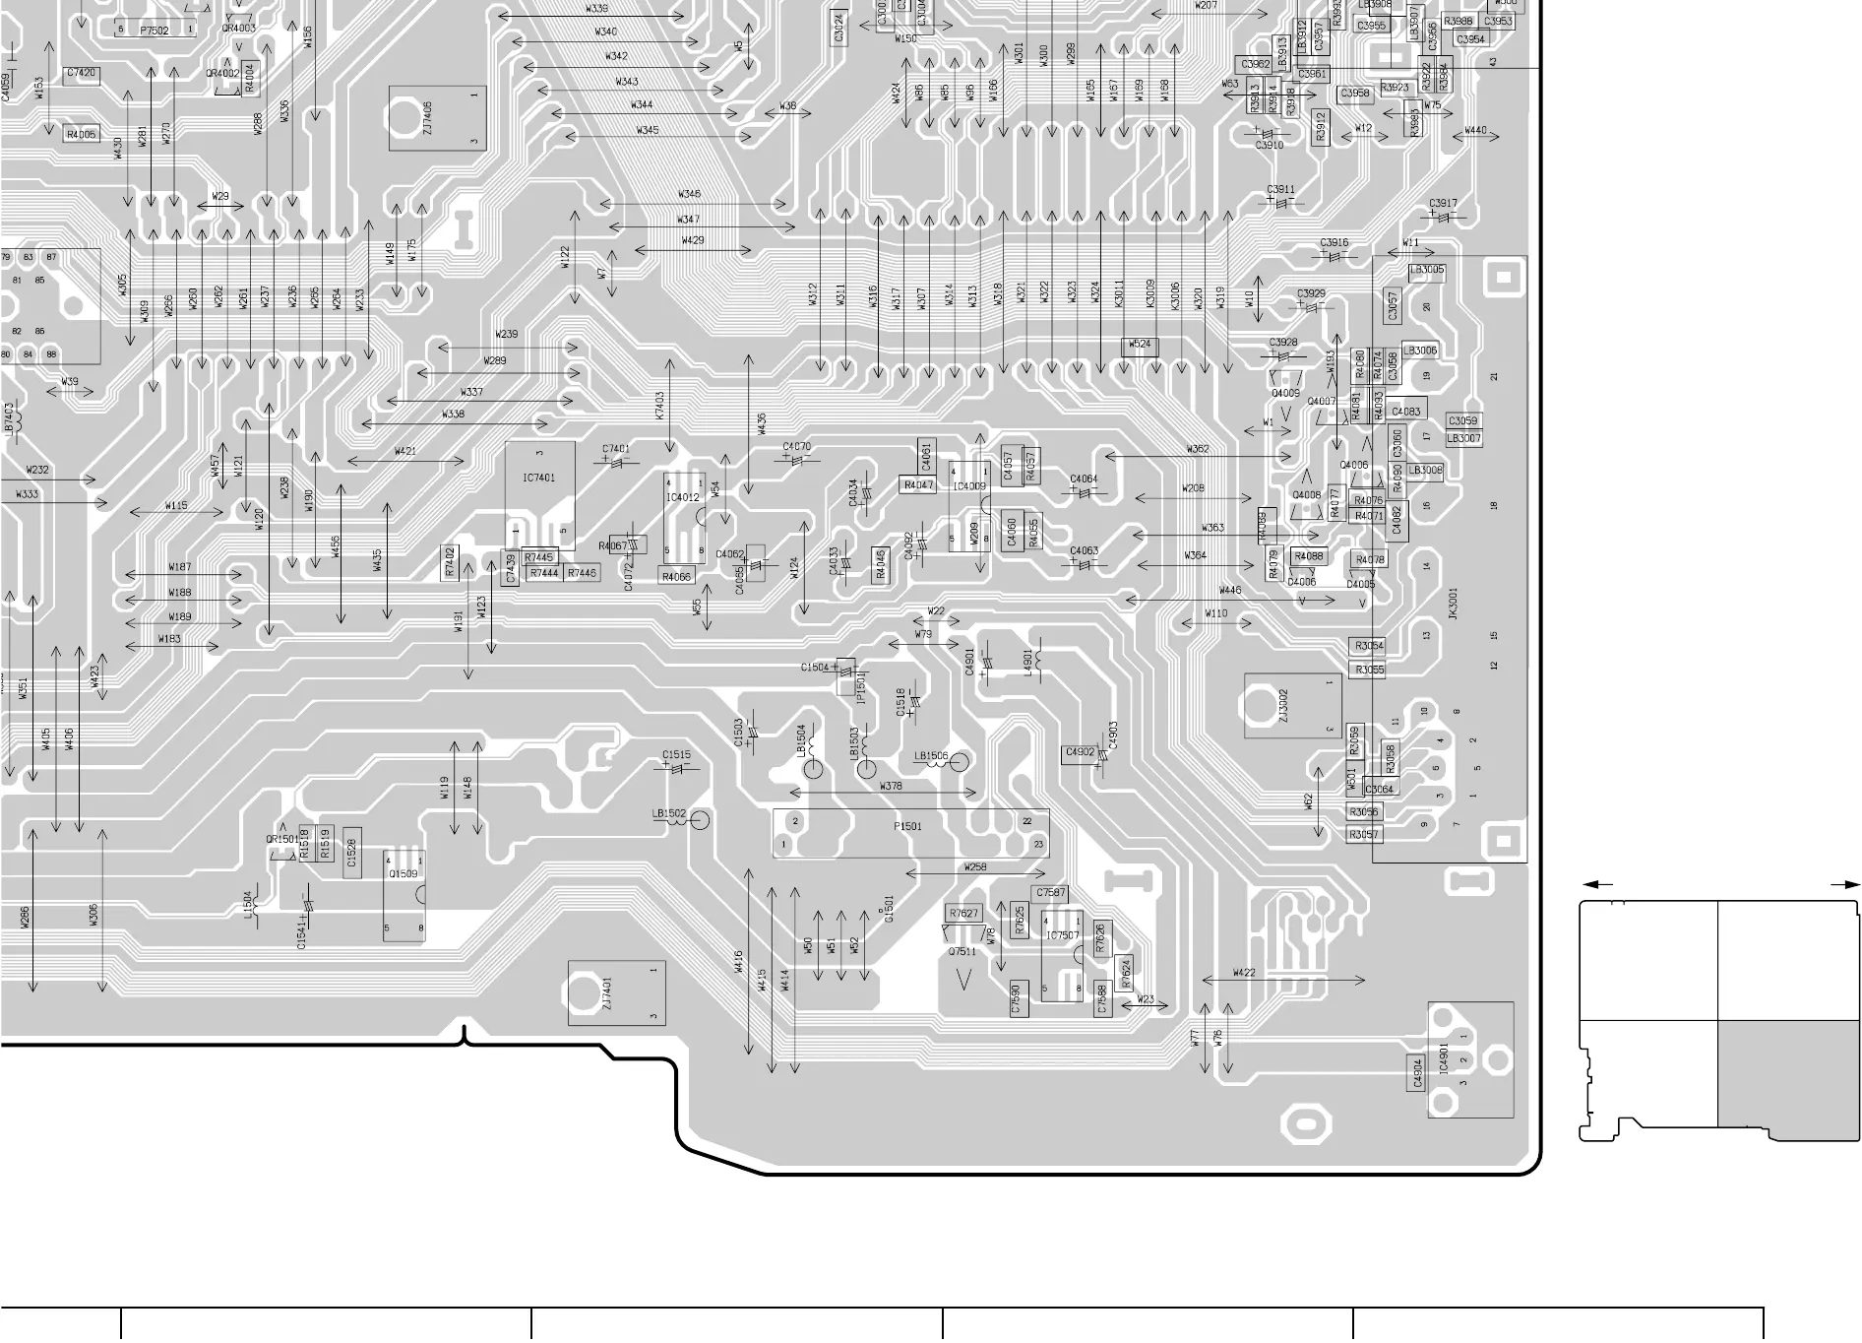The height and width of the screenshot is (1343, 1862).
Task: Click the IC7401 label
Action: click(x=538, y=479)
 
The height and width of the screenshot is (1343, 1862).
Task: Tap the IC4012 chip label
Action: click(x=683, y=498)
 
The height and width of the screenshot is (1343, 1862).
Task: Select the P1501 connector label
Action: click(x=907, y=827)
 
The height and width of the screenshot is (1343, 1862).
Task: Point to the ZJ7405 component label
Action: click(x=427, y=119)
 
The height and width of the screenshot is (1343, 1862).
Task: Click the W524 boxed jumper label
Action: click(x=1139, y=346)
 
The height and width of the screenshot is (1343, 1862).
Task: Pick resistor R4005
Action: click(x=82, y=135)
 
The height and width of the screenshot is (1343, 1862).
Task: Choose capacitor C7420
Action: click(x=82, y=74)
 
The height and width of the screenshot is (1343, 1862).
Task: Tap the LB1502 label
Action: click(x=669, y=814)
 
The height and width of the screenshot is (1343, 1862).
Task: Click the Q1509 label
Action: click(x=403, y=874)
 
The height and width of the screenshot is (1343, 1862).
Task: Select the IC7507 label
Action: click(x=1062, y=936)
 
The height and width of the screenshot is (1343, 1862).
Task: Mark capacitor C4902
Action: click(x=1080, y=753)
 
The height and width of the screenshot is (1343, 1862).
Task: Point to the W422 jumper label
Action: click(x=1244, y=974)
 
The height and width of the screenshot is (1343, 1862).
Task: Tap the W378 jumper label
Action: click(x=890, y=787)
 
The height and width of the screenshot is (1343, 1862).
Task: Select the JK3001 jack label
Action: click(x=1454, y=604)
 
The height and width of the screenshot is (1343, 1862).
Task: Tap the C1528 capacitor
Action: click(x=351, y=853)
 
